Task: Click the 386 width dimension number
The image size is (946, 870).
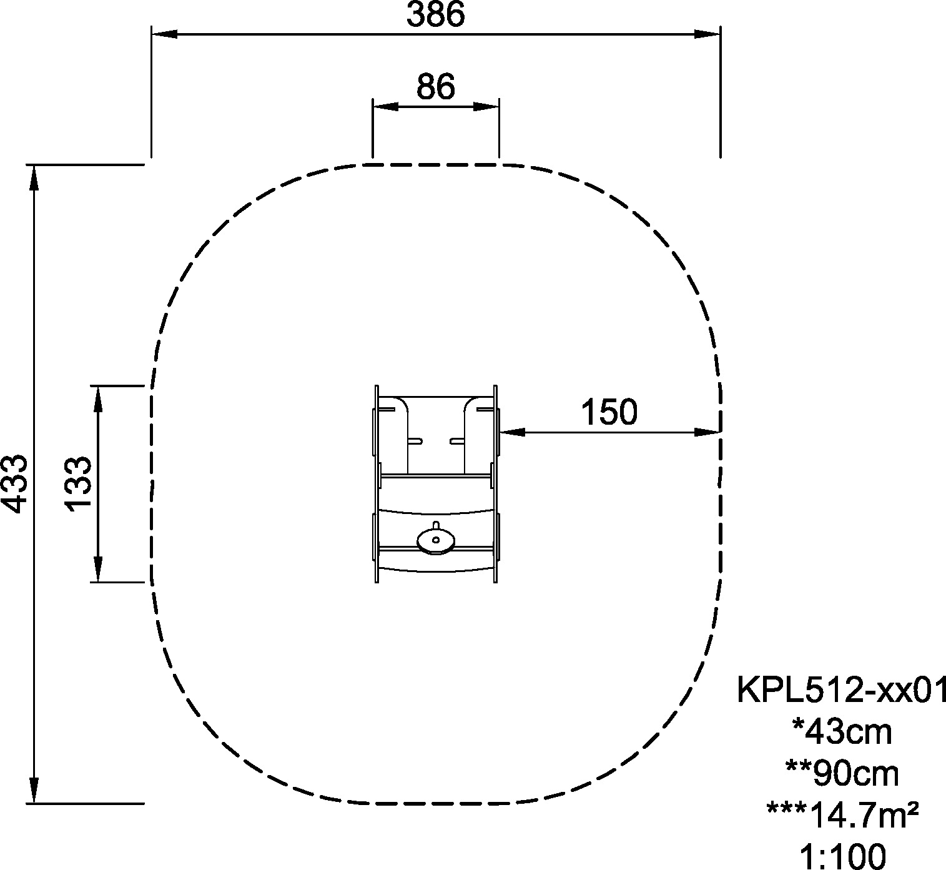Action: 435,14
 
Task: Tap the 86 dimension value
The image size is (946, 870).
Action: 435,87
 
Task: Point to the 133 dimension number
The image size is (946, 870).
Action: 78,484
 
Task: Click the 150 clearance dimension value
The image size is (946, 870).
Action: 609,412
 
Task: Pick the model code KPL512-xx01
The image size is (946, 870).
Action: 841,690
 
